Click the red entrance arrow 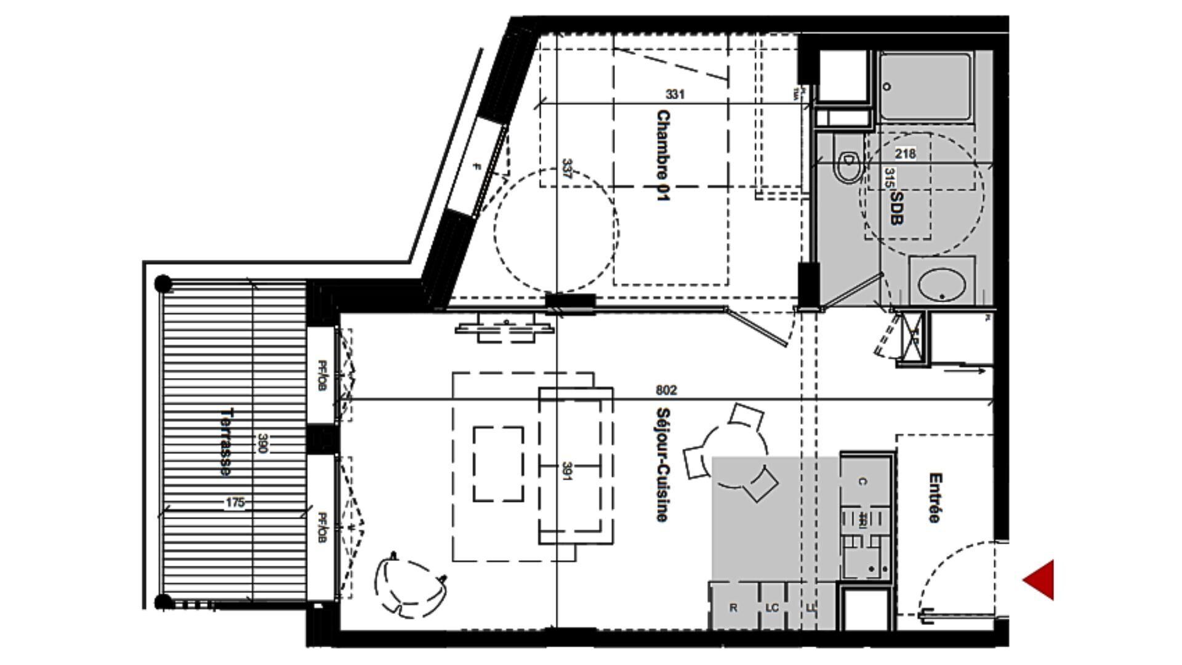1040,579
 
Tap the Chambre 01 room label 662,156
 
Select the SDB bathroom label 897,208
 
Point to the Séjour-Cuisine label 662,464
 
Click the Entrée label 935,498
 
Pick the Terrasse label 226,441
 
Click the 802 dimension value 666,390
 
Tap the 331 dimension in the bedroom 675,94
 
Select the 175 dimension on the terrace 235,503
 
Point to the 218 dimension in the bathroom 905,153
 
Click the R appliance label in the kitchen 733,608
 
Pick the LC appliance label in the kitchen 772,608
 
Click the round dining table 735,454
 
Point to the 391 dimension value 566,471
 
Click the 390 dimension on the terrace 262,443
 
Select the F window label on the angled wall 476,166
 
